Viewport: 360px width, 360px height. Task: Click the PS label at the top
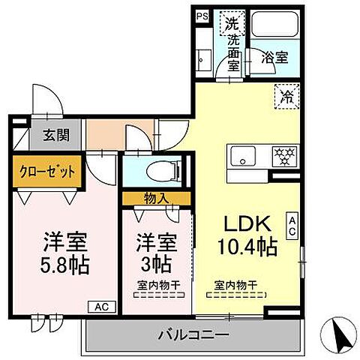(x=202, y=15)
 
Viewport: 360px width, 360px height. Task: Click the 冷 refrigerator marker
(x=286, y=95)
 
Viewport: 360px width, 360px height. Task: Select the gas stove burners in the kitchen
(x=284, y=156)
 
